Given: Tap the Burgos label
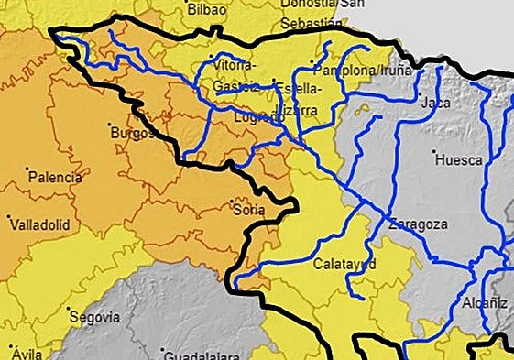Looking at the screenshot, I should pos(128,133).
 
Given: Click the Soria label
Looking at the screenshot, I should pos(248,210).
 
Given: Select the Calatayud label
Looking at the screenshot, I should pos(344,263).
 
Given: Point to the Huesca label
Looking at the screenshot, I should pos(460,159).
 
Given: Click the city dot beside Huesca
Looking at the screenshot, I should pos(434,152).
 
